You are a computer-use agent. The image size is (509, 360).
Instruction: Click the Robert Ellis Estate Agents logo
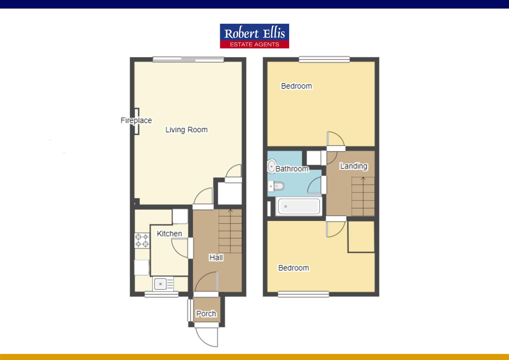coord(254,36)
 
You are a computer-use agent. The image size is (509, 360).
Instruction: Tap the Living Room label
coord(186,130)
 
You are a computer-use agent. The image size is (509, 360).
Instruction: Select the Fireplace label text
coord(136,120)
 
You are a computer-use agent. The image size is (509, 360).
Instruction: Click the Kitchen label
coord(169,234)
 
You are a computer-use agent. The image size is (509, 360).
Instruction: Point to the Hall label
coord(216,257)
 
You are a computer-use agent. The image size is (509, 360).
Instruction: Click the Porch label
coord(206,314)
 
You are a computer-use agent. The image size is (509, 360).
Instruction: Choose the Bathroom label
coord(292,169)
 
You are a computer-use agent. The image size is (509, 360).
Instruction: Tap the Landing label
coord(353,166)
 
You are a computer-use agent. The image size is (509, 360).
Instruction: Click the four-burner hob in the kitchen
coord(142,241)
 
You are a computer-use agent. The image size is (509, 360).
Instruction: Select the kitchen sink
coord(163,284)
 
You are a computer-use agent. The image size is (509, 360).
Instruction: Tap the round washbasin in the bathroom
coord(271,166)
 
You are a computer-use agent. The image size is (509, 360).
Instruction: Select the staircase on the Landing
coord(363,197)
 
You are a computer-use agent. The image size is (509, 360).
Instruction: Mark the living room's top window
coord(188,60)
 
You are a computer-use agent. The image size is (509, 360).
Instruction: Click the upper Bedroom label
coord(296,86)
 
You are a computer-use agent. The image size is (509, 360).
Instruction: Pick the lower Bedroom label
coord(293,268)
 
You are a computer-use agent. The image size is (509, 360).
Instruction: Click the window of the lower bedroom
coord(303,294)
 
